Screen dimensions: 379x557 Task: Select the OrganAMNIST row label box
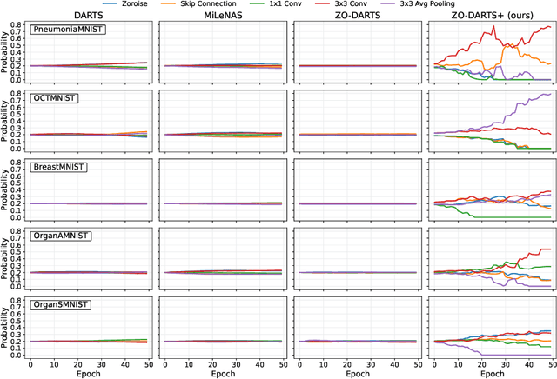coord(61,235)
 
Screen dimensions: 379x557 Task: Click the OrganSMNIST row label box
coord(61,303)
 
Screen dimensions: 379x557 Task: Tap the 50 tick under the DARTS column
coord(146,360)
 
